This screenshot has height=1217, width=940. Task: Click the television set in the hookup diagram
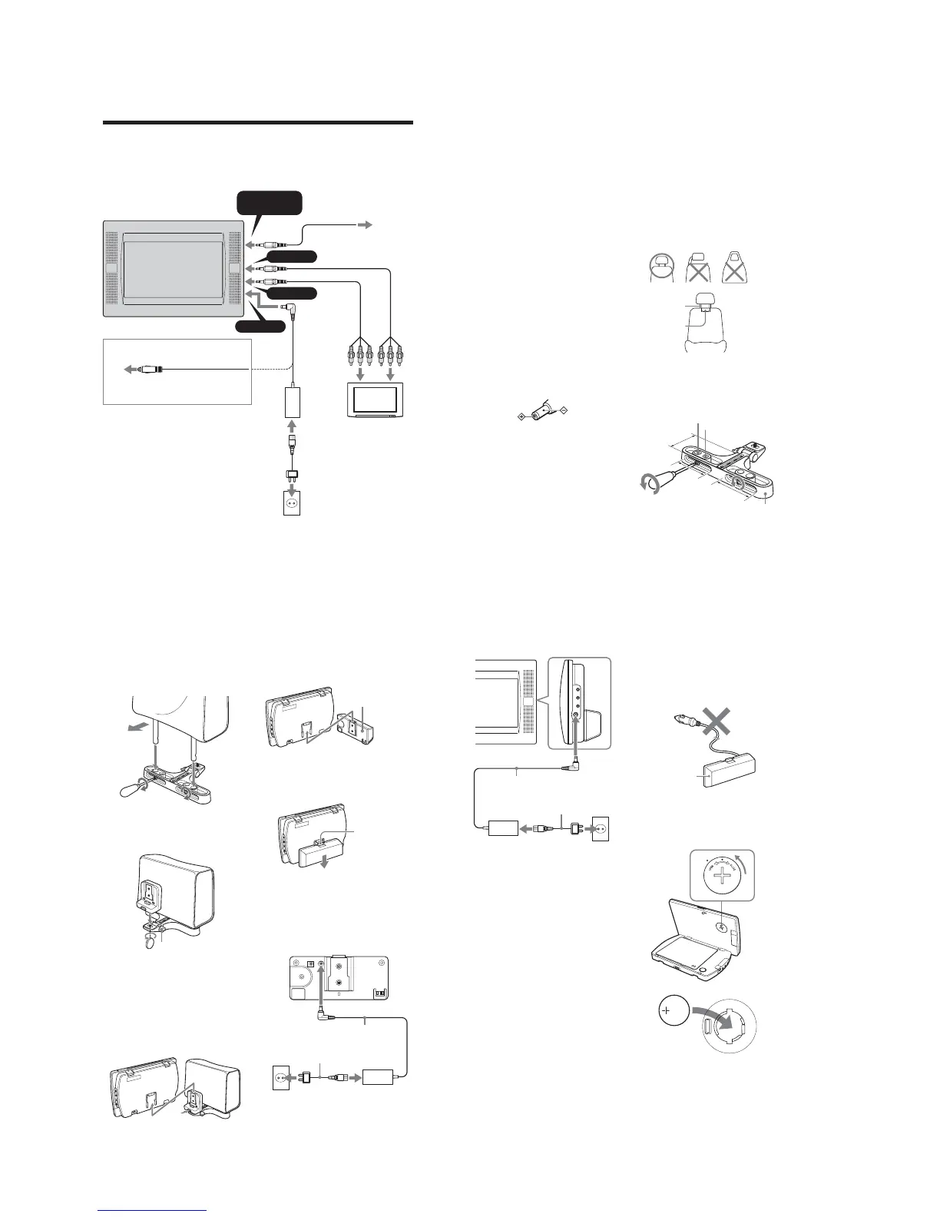coord(371,401)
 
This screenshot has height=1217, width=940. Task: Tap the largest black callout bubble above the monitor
coord(268,203)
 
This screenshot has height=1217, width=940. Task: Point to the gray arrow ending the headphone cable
coord(363,224)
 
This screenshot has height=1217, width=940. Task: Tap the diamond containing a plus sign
coord(521,416)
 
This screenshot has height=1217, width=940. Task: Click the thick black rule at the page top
coord(258,122)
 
